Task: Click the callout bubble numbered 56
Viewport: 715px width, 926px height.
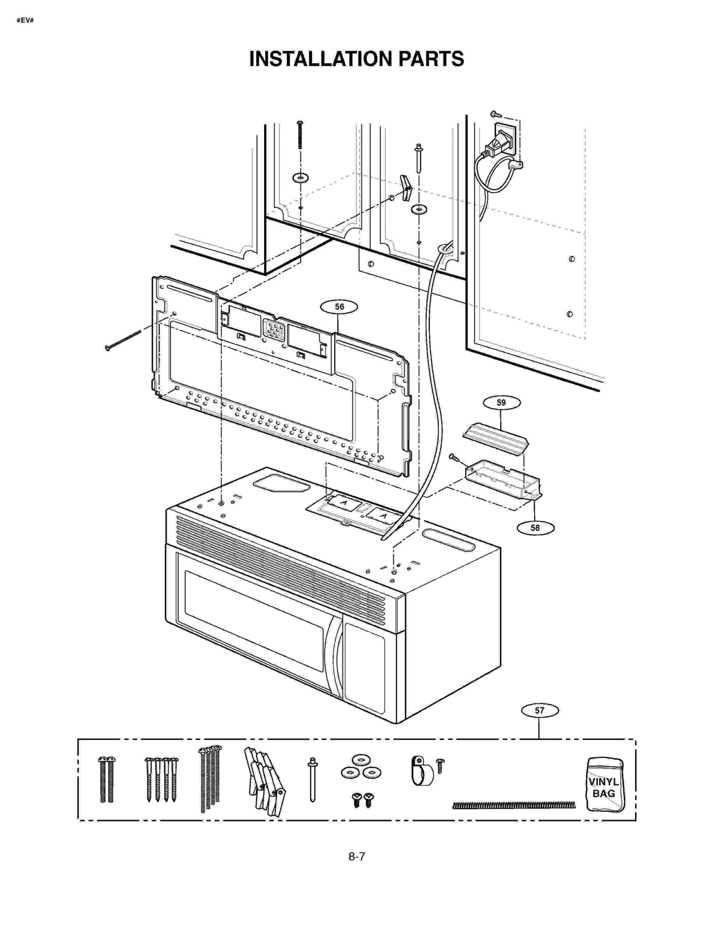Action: (x=339, y=307)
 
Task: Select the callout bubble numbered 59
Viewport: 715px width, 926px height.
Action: (x=501, y=402)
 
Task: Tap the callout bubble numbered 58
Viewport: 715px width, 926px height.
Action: (x=535, y=528)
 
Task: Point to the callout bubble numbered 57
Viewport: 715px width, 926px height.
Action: (x=539, y=710)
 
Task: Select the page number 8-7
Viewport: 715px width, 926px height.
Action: (x=357, y=856)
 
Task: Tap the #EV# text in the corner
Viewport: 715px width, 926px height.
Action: (x=25, y=21)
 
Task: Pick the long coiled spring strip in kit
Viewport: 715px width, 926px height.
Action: (x=514, y=805)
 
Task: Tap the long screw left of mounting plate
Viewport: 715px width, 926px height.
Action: (x=123, y=340)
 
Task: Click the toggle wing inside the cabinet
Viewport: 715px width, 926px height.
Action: (x=405, y=188)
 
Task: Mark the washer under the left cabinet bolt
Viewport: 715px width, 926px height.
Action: (x=300, y=178)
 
